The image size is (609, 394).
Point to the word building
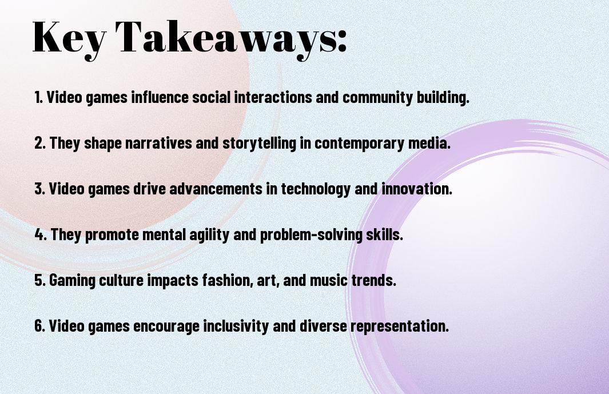pos(443,97)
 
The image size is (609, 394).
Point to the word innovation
pos(417,189)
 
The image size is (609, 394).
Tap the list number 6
pos(39,325)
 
